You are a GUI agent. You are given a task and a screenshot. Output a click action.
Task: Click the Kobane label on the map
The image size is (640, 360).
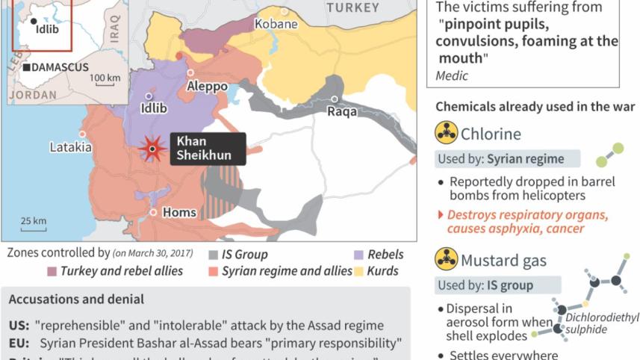(276, 24)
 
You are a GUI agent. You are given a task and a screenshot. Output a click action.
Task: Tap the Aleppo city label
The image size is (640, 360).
(207, 87)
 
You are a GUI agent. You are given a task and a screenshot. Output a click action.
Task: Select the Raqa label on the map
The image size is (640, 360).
(343, 112)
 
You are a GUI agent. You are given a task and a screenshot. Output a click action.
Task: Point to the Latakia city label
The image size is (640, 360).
(70, 147)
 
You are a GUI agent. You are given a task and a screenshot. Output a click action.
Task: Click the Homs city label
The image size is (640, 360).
(179, 212)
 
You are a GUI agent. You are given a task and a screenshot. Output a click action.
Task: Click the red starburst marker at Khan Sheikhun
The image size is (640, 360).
(153, 149)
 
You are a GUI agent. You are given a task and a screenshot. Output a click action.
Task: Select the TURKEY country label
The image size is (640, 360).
(352, 7)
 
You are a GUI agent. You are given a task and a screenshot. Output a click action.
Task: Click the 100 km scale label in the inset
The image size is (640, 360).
(105, 78)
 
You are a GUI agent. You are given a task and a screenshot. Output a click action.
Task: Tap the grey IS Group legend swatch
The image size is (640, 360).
(213, 255)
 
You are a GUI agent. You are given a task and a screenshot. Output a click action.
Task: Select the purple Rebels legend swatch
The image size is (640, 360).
(360, 255)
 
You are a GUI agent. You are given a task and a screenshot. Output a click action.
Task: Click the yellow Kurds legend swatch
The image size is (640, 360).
(360, 271)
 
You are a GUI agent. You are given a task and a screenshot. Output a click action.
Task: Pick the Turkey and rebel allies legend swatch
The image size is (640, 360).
(52, 271)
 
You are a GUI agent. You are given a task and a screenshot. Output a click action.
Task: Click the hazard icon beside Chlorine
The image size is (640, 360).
(446, 134)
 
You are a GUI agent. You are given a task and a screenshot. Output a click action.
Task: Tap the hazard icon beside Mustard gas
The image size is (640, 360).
(446, 260)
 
